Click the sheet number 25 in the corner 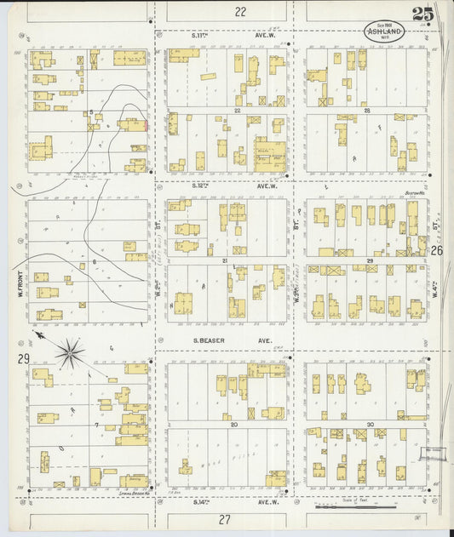pos(422,14)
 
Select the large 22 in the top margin pos(240,12)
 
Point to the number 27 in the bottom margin pos(225,518)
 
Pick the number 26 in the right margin pos(437,251)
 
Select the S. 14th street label pos(201,501)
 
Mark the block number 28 pos(367,111)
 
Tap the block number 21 pos(223,260)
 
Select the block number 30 pos(371,424)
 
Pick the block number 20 pos(234,424)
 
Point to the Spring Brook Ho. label pos(125,493)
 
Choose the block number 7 pos(98,423)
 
